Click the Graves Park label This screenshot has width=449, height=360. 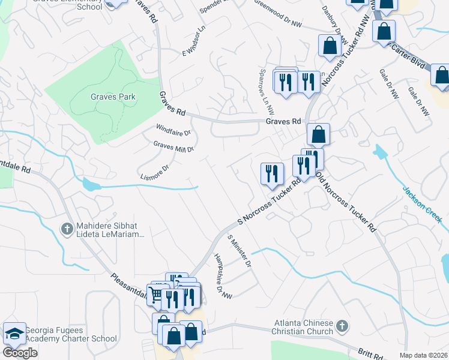click(x=113, y=97)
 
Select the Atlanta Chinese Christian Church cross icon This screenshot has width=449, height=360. click(x=341, y=327)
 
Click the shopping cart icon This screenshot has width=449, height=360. click(x=155, y=295)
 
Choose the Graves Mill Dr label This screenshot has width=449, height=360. click(x=173, y=146)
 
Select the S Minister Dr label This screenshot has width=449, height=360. click(x=238, y=250)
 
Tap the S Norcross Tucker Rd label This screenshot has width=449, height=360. click(x=269, y=202)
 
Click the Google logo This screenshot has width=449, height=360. click(x=20, y=353)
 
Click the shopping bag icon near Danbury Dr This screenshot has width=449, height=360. click(x=329, y=46)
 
